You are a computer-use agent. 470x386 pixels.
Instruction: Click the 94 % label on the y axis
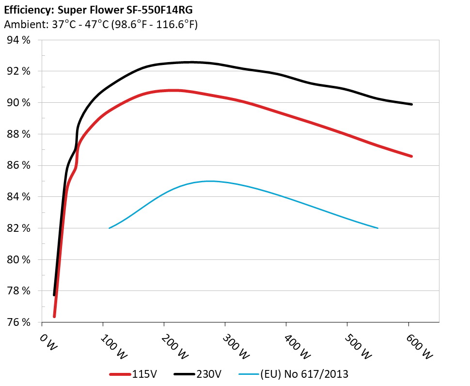[x=18, y=40]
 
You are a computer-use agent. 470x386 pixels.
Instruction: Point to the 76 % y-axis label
[x=18, y=322]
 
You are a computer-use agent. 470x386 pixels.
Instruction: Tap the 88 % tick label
[x=18, y=134]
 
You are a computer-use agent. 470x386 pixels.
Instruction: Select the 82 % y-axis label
[x=18, y=228]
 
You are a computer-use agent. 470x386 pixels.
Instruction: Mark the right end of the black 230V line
[x=411, y=104]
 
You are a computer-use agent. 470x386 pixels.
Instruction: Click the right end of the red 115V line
[x=411, y=156]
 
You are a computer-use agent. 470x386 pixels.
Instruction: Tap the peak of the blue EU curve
[x=209, y=181]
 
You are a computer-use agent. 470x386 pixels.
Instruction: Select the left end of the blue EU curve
[x=110, y=228]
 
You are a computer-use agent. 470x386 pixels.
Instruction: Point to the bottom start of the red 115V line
[x=54, y=316]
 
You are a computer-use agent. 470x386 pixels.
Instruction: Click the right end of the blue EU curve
[x=377, y=228]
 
